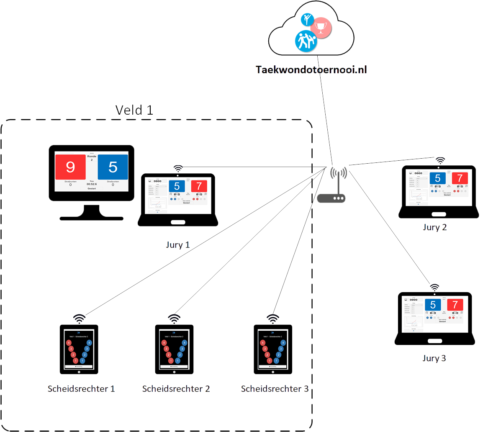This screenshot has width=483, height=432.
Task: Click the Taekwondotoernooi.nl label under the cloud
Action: pos(311,69)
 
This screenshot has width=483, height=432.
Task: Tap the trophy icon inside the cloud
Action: pos(321,27)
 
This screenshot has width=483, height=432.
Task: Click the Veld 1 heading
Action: pos(134,110)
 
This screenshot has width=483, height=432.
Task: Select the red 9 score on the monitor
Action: pos(70,167)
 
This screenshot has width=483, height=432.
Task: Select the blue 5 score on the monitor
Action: pos(113,167)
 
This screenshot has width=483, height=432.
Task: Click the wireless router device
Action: pos(331,198)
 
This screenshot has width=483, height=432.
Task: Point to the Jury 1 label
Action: pos(177,244)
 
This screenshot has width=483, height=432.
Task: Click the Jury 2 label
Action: pos(435,227)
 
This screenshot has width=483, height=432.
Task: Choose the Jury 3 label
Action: pos(434,358)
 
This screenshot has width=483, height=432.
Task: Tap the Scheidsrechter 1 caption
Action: pos(81,389)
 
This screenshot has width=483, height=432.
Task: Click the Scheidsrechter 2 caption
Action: pos(176,389)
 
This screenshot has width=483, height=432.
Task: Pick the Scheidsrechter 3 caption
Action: pos(275,389)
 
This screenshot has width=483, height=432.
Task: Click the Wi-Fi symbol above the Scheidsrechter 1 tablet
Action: pos(79,319)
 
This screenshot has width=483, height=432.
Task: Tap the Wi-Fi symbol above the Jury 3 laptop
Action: pos(435,288)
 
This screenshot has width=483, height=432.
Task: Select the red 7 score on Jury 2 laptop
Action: pos(460,178)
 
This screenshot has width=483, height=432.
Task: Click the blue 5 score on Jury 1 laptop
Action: pos(177,186)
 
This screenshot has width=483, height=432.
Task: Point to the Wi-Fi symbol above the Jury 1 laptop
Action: pos(178,168)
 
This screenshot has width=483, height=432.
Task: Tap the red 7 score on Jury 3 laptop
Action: pos(455,305)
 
